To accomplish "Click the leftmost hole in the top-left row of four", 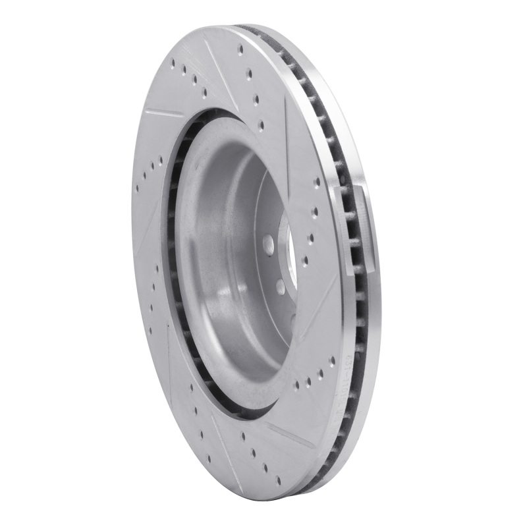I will (x=173, y=63).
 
